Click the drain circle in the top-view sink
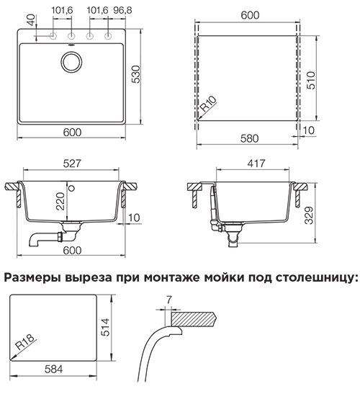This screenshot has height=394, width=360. [x=71, y=62]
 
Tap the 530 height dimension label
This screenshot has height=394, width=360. [x=136, y=74]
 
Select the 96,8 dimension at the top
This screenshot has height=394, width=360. [x=122, y=10]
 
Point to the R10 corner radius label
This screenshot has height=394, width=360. [x=209, y=104]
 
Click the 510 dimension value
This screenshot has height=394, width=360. [x=311, y=80]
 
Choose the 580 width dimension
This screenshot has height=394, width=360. [x=249, y=138]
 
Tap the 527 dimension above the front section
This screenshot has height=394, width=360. [x=72, y=164]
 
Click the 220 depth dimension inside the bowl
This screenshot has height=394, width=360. [x=60, y=201]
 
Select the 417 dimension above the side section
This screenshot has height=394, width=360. [x=256, y=164]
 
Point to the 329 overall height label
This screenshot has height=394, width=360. [x=309, y=215]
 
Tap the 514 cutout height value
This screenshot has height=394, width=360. [x=105, y=327]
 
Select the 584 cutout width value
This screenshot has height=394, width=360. [x=53, y=369]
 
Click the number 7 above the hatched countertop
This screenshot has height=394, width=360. [x=169, y=300]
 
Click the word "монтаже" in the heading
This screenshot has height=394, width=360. [x=173, y=278]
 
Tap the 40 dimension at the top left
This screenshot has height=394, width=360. [x=31, y=20]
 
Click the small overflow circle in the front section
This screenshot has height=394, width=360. [x=72, y=188]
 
